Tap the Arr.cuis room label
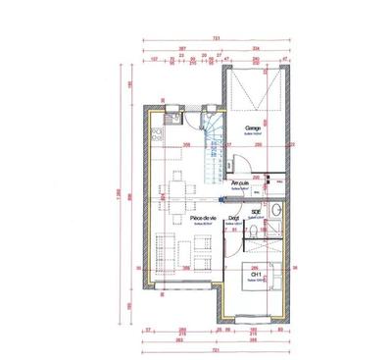(239, 182)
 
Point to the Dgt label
(235, 219)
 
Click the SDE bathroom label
(257, 211)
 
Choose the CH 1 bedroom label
(257, 275)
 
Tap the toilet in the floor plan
(253, 230)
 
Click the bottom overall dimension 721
(216, 349)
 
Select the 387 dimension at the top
(183, 48)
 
